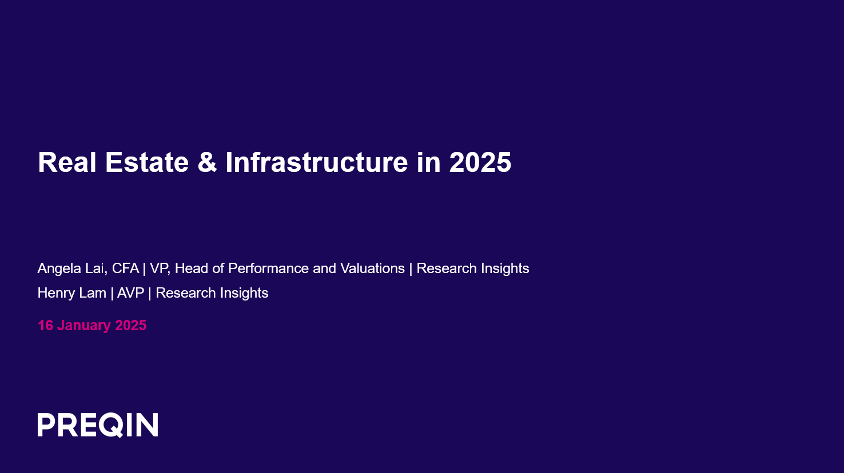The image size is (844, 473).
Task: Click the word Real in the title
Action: (66, 162)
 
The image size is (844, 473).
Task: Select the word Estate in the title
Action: (147, 162)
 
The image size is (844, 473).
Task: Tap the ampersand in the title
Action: (207, 162)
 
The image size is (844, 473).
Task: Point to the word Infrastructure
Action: (316, 162)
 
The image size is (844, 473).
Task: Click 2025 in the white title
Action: (480, 162)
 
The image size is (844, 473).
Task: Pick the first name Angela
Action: (59, 268)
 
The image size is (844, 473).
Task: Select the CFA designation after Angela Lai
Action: (125, 268)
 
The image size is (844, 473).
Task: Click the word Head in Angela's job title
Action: (192, 268)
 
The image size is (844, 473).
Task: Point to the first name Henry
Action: (55, 293)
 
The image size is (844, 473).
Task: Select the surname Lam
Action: (93, 293)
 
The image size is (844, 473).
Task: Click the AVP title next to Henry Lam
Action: (130, 293)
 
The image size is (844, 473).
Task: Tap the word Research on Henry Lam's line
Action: (186, 293)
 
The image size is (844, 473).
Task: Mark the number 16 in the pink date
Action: (45, 326)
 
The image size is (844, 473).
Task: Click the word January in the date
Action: (84, 326)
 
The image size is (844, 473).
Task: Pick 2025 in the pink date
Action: (131, 326)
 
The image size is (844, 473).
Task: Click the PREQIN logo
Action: (98, 425)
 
